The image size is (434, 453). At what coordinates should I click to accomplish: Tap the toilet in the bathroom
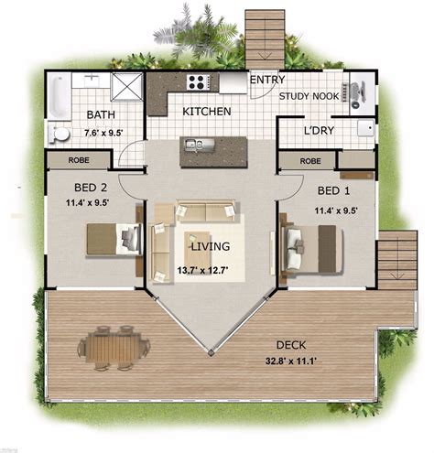tap(60, 134)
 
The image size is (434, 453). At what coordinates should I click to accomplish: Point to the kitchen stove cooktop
tap(197, 81)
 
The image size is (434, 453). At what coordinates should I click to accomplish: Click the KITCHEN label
tap(206, 112)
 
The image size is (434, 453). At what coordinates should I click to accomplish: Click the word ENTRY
tap(266, 80)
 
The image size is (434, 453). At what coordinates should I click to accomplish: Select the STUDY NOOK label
tap(309, 95)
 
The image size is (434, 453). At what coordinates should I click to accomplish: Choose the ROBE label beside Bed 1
tap(310, 160)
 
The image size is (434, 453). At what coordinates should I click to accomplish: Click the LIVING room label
tap(210, 247)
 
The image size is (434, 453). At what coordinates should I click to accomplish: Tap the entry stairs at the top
tap(265, 38)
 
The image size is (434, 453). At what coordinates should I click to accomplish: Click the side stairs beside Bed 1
tap(396, 260)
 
